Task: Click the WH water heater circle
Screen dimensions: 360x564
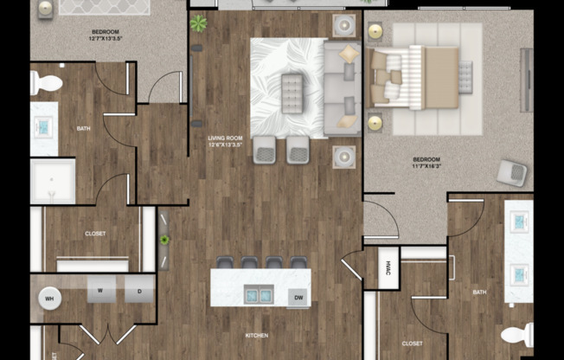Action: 48,299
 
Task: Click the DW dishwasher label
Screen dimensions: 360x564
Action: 298,298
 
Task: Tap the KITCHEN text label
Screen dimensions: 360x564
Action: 256,335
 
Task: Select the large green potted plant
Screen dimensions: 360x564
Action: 199,23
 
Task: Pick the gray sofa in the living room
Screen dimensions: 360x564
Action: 343,88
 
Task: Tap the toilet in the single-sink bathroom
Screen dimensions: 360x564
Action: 47,84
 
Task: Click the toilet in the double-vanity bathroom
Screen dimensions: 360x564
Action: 517,334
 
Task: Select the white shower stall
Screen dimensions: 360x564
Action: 52,181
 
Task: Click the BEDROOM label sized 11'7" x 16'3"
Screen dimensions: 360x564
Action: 426,163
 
